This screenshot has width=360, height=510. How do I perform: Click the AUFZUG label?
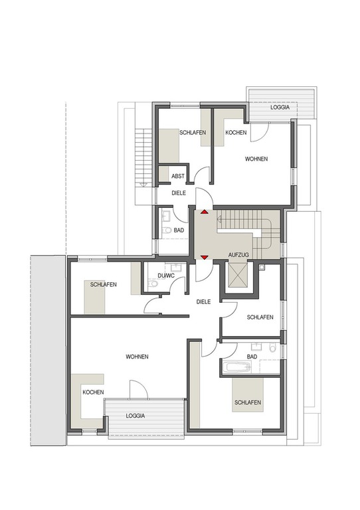point(238,255)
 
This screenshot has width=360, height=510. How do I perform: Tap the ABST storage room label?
point(178,176)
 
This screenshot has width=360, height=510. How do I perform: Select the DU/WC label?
point(166,276)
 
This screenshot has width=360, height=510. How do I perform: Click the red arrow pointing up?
point(204,212)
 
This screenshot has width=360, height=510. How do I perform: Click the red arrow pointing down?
point(204,258)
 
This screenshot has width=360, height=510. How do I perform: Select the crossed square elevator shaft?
point(238,276)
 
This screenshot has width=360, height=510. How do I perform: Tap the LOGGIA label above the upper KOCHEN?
point(280,107)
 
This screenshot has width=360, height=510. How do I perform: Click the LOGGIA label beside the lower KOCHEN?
point(135,416)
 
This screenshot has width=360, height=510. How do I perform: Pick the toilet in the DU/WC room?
point(152,284)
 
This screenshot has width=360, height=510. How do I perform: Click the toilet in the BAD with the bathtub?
point(272,348)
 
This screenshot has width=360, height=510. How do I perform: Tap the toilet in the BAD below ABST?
point(167,230)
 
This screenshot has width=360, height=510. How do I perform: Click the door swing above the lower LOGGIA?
point(139,389)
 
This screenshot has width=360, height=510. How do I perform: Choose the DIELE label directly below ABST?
point(179,193)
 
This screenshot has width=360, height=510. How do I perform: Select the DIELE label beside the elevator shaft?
point(203,302)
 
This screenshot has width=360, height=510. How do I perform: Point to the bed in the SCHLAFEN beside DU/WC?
point(94,297)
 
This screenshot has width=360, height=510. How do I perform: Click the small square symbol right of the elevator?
point(262,267)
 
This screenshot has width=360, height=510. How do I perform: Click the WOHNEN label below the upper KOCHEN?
point(256,159)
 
